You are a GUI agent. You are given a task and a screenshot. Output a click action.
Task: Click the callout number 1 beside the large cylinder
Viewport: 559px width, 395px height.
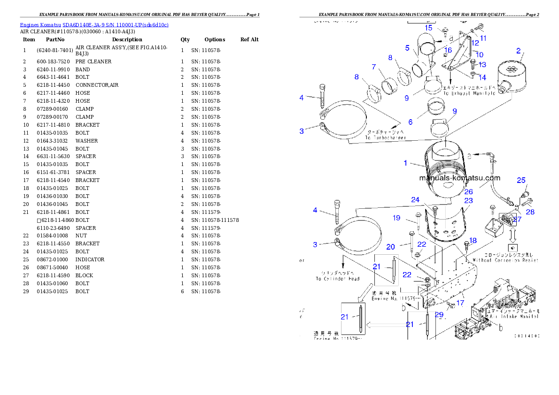point(405,163)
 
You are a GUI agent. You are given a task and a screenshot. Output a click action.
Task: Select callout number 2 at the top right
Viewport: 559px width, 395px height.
point(518,51)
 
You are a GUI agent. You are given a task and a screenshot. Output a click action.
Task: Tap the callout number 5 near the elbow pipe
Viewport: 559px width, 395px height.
point(408,47)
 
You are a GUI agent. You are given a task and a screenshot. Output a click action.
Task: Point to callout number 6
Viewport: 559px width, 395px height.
point(410,122)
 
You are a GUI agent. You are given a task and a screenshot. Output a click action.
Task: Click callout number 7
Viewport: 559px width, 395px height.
point(374,67)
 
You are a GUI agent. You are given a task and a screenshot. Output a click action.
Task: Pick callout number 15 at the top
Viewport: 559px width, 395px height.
point(428,28)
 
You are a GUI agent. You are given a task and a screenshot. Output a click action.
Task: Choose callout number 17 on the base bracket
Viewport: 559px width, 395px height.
point(460,303)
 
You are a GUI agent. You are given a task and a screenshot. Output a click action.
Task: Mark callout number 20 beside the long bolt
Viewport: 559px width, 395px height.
point(390,247)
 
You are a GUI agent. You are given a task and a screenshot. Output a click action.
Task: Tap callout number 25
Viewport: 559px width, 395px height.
point(521,180)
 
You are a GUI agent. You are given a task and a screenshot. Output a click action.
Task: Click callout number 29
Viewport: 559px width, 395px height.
point(439,315)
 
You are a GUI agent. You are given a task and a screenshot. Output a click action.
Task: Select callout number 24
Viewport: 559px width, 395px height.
point(415,199)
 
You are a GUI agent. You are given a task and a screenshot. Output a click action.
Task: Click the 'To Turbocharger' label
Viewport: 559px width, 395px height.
point(386,138)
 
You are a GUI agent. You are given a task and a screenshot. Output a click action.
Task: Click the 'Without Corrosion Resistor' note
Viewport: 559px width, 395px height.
point(505,260)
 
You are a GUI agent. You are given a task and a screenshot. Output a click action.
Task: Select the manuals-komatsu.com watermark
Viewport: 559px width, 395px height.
point(459,178)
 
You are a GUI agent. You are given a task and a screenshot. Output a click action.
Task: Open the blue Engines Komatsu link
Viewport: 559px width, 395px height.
point(94,25)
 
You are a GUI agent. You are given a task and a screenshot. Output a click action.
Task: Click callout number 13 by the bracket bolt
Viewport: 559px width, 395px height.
point(482,65)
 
